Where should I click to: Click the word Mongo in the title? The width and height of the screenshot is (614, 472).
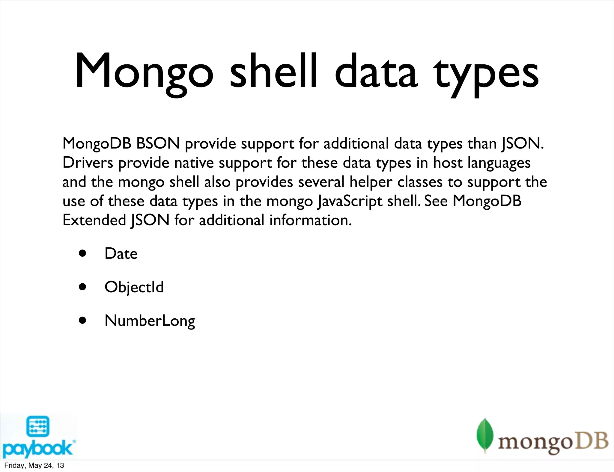tap(144, 72)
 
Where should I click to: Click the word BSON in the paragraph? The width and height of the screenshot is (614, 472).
tap(158, 143)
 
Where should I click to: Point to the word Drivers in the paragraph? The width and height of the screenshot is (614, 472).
tap(88, 163)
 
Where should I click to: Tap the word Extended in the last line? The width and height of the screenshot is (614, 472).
tap(94, 220)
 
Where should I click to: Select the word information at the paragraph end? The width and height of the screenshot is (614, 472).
tap(310, 220)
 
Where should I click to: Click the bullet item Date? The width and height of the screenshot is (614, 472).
tap(121, 254)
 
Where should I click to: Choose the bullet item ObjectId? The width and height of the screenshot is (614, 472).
tap(134, 287)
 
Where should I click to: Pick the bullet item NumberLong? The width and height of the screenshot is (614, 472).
tap(150, 321)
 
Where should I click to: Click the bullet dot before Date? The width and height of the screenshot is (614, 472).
tap(82, 254)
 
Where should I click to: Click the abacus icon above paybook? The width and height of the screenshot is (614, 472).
tap(38, 426)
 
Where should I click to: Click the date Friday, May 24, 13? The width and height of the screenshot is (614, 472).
tap(34, 465)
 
